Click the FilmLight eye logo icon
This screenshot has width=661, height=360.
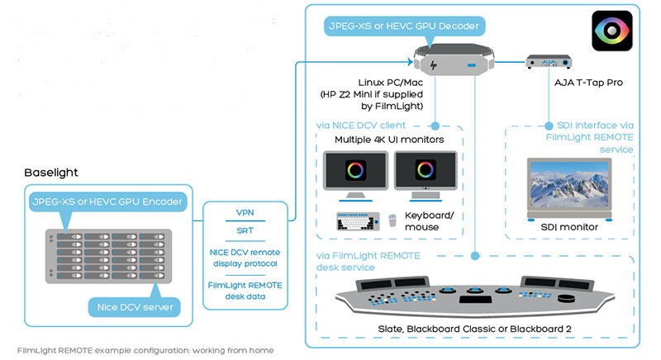[x=612, y=32]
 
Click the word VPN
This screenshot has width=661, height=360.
[x=245, y=211]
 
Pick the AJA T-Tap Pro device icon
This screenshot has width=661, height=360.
[x=550, y=63]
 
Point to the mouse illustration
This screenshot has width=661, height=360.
[x=392, y=222]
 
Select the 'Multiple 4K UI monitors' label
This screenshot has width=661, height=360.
[x=388, y=140]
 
